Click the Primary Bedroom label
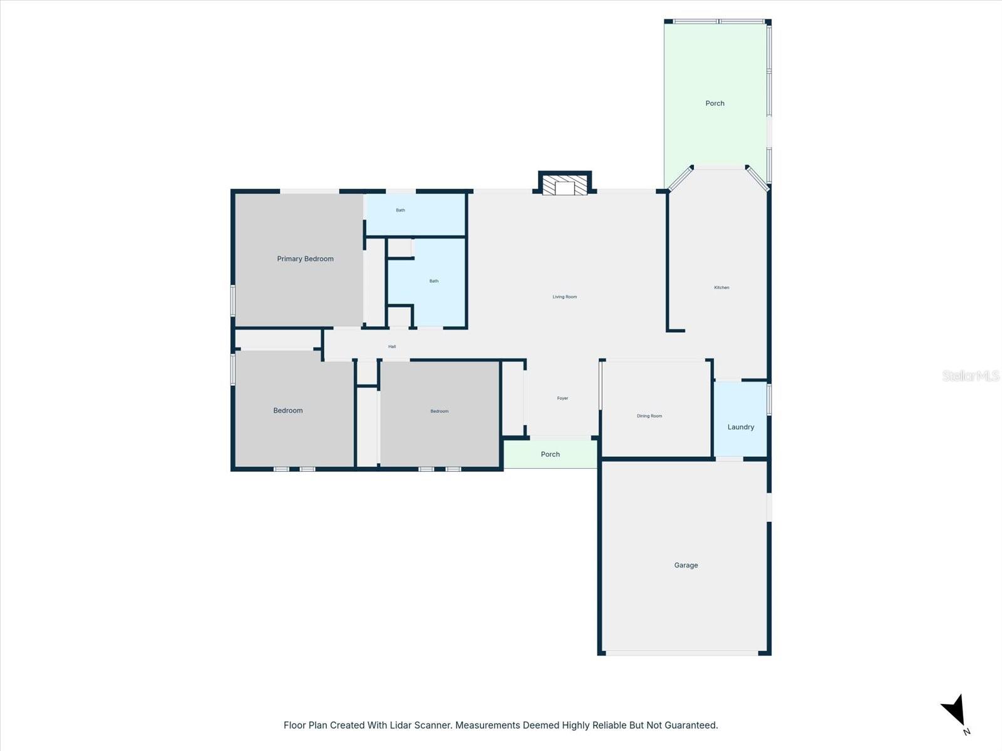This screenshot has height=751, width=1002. tap(305, 258)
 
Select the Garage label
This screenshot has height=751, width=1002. tap(686, 565)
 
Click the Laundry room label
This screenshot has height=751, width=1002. tap(740, 427)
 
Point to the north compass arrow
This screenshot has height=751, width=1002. tap(954, 712)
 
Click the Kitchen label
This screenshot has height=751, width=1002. tap(721, 287)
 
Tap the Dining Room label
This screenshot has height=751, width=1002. tap(649, 416)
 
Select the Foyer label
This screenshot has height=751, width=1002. tap(562, 398)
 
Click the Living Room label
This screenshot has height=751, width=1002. tap(564, 297)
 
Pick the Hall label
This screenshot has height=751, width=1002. tap(392, 346)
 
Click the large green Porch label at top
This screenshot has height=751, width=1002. tap(715, 103)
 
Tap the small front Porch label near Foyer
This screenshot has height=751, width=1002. tap(550, 454)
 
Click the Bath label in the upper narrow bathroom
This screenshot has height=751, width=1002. tap(400, 210)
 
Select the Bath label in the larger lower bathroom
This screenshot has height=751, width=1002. tap(433, 281)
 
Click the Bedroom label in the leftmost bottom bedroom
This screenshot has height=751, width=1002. tap(287, 411)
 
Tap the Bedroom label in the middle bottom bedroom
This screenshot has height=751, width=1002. tap(439, 411)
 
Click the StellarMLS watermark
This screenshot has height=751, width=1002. tap(970, 375)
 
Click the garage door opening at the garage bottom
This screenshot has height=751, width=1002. tap(682, 653)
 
